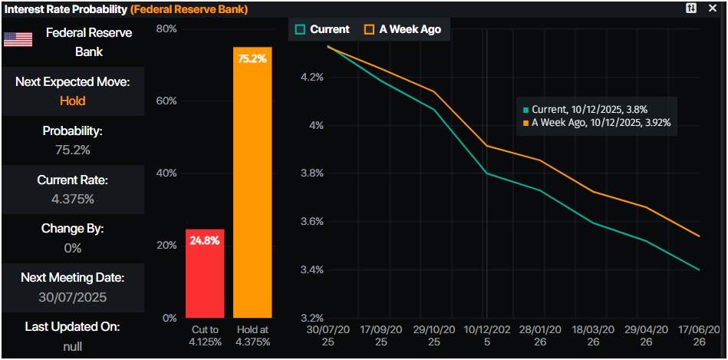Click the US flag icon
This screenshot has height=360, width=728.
click(x=18, y=40)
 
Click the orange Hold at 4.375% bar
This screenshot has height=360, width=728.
click(x=252, y=184)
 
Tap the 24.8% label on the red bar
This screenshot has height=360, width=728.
click(x=205, y=240)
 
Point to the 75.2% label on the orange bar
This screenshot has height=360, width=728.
click(x=252, y=58)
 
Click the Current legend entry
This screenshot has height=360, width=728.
click(x=322, y=29)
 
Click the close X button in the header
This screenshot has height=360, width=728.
click(x=712, y=8)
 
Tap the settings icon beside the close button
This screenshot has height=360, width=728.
click(x=691, y=8)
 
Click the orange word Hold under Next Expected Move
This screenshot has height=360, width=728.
click(x=72, y=101)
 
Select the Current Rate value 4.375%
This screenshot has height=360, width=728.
click(x=72, y=199)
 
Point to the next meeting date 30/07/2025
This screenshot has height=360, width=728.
click(x=72, y=296)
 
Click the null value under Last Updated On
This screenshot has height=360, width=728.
click(x=72, y=345)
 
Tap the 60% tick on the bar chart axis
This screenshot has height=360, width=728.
click(x=166, y=101)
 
